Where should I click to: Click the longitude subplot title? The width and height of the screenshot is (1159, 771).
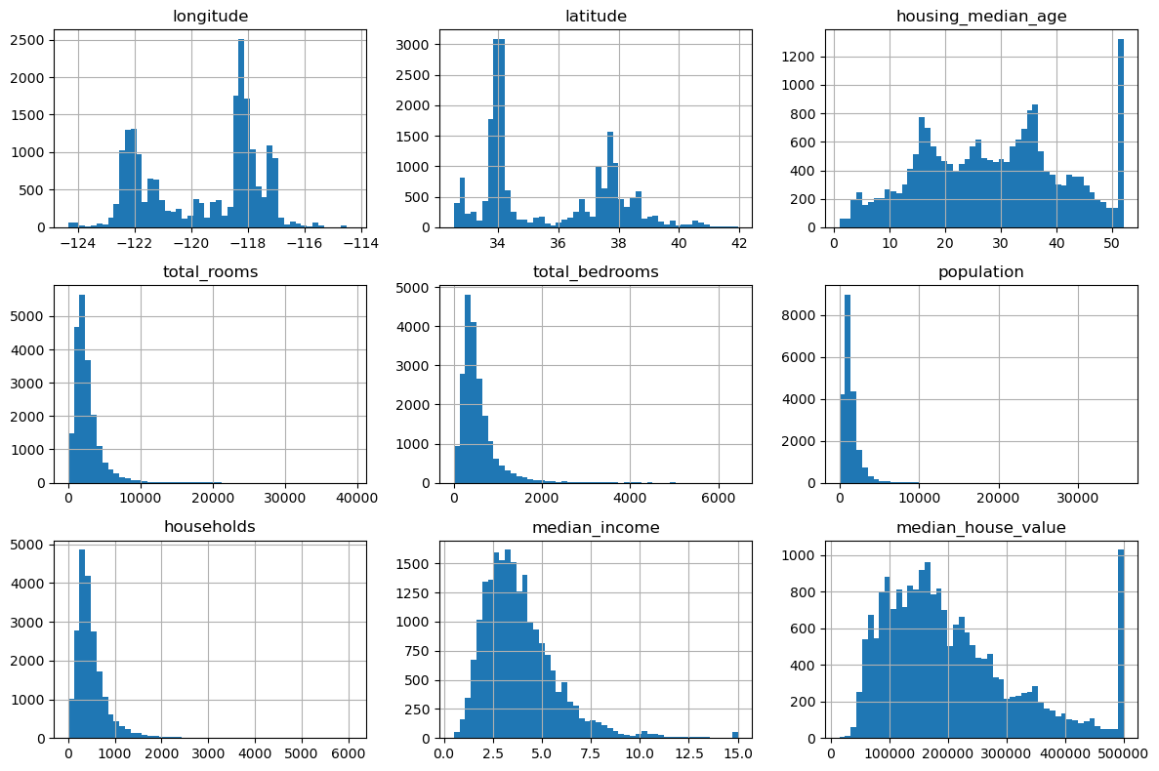click(x=209, y=16)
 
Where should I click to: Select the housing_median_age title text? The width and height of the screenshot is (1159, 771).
click(x=979, y=16)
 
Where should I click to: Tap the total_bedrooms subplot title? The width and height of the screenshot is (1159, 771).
click(x=595, y=271)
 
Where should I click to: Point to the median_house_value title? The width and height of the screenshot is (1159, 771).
click(x=979, y=528)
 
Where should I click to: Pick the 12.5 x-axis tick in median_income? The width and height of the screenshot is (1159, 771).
click(x=688, y=754)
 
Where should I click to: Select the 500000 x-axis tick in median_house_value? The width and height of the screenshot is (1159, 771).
click(x=1124, y=754)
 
